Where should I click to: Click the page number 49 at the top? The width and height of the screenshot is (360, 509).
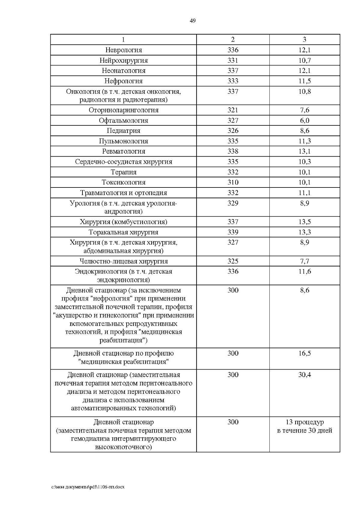click(193, 21)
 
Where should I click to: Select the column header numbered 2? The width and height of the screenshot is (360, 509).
click(233, 40)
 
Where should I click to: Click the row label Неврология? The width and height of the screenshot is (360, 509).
click(124, 50)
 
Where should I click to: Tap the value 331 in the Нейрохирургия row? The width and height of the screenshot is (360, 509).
click(233, 60)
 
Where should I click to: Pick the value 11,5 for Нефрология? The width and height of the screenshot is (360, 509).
click(304, 81)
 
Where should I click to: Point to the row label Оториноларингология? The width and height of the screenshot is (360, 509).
click(124, 110)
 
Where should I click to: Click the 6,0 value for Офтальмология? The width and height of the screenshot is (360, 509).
click(304, 121)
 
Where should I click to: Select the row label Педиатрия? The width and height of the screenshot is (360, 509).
click(124, 131)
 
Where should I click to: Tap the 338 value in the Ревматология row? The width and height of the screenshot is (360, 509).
click(233, 151)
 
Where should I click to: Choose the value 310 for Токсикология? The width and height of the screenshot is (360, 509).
click(233, 182)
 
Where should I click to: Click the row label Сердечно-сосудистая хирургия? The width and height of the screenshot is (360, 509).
click(124, 162)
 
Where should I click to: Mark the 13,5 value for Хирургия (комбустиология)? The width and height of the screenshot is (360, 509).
click(304, 222)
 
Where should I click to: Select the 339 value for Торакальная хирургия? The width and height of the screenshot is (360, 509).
click(233, 232)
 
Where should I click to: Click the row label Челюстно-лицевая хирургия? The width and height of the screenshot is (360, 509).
click(124, 261)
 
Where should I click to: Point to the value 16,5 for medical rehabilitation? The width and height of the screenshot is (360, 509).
click(304, 353)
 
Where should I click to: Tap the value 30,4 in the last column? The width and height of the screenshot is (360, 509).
click(304, 375)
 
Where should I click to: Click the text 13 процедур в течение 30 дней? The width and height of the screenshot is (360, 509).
click(304, 426)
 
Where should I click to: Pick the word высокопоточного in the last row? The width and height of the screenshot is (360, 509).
click(124, 447)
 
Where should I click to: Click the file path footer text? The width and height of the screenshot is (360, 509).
click(88, 487)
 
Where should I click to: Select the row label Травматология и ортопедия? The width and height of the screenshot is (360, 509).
click(124, 193)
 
